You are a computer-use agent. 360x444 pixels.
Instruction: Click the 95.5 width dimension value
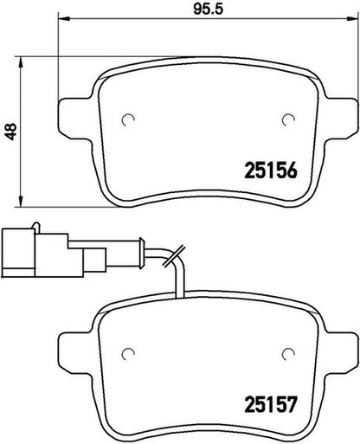pyautogui.click(x=209, y=9)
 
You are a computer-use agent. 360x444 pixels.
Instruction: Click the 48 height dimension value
pyautogui.click(x=11, y=132)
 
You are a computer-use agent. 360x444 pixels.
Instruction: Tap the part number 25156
pyautogui.click(x=271, y=171)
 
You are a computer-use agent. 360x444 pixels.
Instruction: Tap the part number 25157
pyautogui.click(x=271, y=404)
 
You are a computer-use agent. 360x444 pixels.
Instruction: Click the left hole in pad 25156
pyautogui.click(x=128, y=119)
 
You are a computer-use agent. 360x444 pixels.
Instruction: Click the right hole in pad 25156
pyautogui.click(x=288, y=119)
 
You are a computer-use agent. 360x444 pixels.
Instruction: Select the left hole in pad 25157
pyautogui.click(x=128, y=353)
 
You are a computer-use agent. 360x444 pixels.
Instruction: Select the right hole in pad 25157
pyautogui.click(x=288, y=353)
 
